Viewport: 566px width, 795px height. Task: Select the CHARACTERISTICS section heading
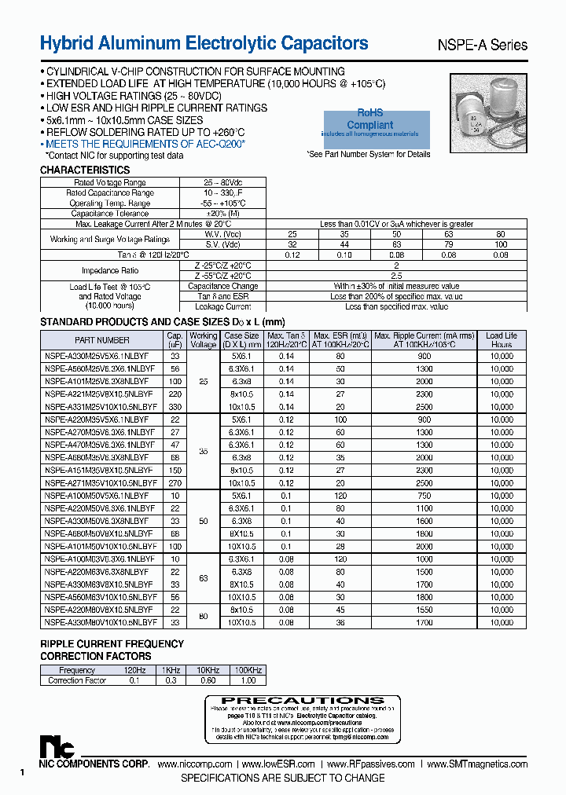pyautogui.click(x=85, y=170)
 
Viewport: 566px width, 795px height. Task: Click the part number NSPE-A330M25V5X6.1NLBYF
pyautogui.click(x=97, y=356)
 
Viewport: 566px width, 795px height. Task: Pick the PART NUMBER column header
pyautogui.click(x=102, y=340)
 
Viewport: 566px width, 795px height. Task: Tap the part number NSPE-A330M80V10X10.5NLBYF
pyautogui.click(x=101, y=621)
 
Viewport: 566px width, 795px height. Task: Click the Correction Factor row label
pyautogui.click(x=77, y=680)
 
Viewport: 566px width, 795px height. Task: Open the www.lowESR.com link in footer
pyautogui.click(x=278, y=764)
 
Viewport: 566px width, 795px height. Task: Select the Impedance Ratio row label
pyautogui.click(x=111, y=271)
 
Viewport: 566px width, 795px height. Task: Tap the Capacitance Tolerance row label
pyautogui.click(x=110, y=214)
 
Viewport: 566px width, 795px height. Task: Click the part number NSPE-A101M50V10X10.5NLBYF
pyautogui.click(x=101, y=546)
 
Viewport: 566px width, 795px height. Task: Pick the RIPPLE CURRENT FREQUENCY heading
pyautogui.click(x=112, y=644)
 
